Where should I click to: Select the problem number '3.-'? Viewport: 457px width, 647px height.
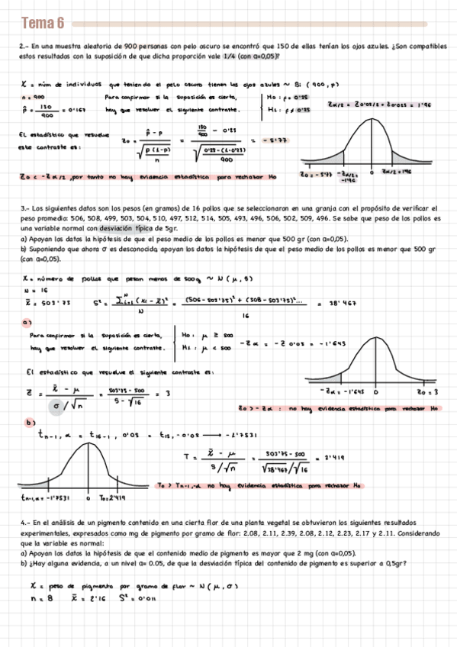point(24,208)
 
